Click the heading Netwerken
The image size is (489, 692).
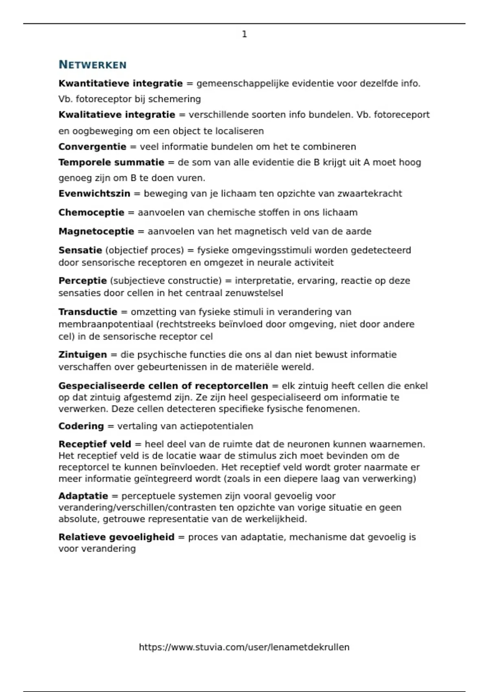93,65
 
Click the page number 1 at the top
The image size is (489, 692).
244,34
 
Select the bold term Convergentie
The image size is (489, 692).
92,147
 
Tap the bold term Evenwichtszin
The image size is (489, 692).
94,193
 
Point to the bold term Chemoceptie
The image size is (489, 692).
91,212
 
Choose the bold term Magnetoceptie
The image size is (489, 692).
96,231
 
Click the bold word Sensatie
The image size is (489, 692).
80,250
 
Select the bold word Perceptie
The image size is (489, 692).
82,280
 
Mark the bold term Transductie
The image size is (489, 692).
88,312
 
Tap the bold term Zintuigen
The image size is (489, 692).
82,355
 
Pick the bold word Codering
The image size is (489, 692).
81,426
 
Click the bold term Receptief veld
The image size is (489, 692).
95,444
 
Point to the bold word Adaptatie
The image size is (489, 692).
83,496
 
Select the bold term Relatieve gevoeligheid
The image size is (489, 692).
116,537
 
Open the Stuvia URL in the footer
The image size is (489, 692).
244,647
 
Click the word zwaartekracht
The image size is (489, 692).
370,193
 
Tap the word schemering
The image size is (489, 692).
174,99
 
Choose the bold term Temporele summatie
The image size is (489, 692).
111,162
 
